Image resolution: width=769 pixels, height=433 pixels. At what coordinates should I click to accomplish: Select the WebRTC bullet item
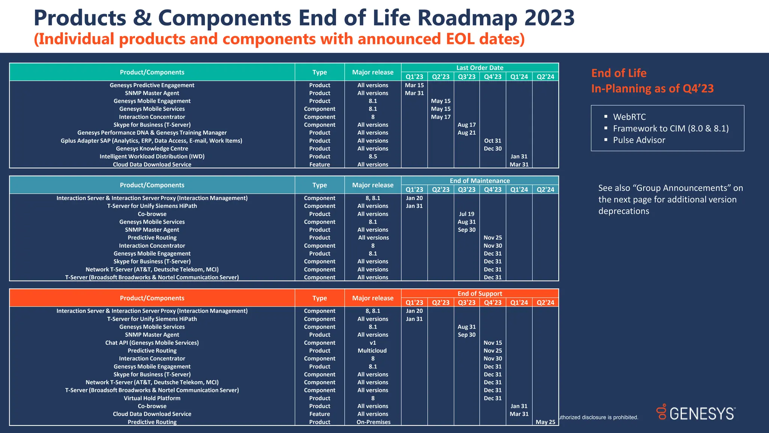click(x=629, y=117)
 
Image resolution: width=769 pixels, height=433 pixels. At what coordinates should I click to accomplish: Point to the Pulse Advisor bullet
click(x=639, y=140)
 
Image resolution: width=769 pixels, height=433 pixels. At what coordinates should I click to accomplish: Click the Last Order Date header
click(x=479, y=68)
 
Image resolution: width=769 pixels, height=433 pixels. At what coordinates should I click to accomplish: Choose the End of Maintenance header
click(x=479, y=181)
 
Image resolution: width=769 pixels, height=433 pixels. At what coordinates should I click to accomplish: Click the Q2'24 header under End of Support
click(x=545, y=303)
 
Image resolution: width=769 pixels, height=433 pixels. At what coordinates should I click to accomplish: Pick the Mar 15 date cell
click(x=414, y=85)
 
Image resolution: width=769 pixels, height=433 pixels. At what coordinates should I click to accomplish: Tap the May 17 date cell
click(x=440, y=117)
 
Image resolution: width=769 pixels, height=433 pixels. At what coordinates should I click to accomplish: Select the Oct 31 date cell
click(x=493, y=141)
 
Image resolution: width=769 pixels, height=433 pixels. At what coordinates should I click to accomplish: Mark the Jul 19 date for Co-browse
click(x=466, y=214)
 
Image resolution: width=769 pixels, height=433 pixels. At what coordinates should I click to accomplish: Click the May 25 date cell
click(x=545, y=422)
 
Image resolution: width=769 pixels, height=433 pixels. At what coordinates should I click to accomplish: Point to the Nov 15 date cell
click(x=493, y=343)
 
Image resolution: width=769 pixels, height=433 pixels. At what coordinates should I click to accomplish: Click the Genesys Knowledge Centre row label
click(x=152, y=148)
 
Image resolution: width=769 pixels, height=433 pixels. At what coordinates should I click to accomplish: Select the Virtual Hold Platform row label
click(x=152, y=398)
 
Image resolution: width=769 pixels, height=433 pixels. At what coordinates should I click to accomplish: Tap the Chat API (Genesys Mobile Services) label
click(x=152, y=343)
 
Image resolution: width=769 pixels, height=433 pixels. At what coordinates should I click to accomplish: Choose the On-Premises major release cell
click(x=373, y=422)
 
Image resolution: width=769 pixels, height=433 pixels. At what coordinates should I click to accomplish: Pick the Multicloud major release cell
click(x=372, y=351)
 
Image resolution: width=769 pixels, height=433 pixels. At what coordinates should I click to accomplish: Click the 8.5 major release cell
click(x=372, y=156)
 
